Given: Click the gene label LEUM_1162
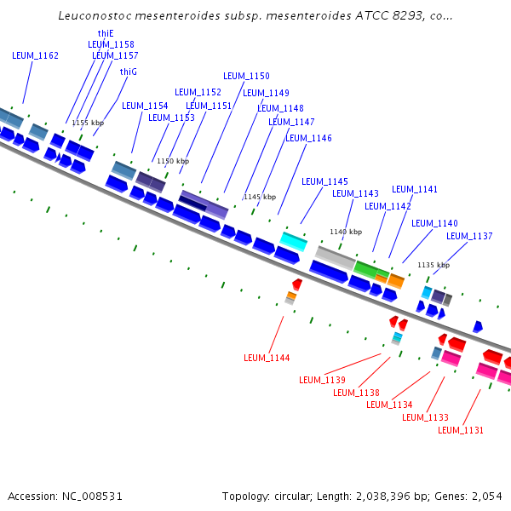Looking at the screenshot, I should pos(36,55).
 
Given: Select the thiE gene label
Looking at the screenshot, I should pos(106,33).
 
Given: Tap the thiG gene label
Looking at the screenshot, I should pos(129,72).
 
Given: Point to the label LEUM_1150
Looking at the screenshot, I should pos(246,76).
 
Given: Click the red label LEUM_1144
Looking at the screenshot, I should pos(267,358).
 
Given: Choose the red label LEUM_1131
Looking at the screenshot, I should pos(461,430).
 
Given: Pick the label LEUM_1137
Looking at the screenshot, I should pos(469,236).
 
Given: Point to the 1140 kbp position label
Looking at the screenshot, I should pos(346,232).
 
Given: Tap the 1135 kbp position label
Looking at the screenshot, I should pos(433,265).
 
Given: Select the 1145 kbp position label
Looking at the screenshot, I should pos(260,197).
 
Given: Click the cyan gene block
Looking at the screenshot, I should pos(294,241).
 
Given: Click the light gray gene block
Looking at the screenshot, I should pos(335,255).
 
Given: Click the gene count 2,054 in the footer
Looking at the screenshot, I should pos(486,496).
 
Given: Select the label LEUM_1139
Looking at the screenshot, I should pos(322,380).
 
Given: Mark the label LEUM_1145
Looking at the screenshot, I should pos(324,181).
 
